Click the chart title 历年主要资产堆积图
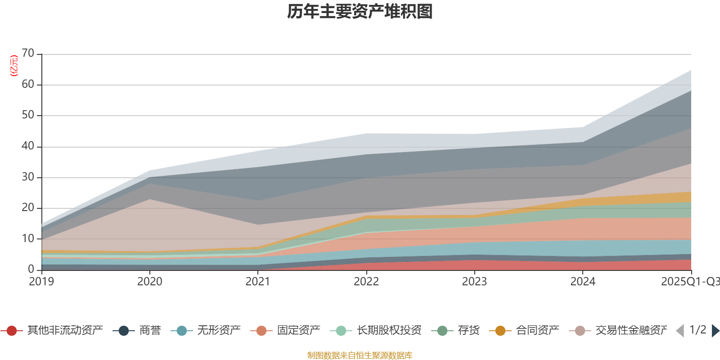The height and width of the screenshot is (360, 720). click(x=360, y=12)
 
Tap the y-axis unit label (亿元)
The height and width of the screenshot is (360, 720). click(x=14, y=66)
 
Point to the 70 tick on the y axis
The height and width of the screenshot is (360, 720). click(x=28, y=54)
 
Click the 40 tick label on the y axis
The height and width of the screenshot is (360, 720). click(x=28, y=146)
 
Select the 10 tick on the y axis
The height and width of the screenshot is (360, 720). click(x=28, y=239)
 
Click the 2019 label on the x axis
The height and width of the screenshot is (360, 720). click(x=41, y=282)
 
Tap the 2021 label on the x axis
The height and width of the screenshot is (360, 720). click(x=258, y=282)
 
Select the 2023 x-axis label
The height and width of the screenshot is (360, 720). click(x=474, y=282)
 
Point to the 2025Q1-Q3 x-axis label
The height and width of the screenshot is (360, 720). click(x=690, y=282)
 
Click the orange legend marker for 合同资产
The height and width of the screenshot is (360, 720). click(x=500, y=331)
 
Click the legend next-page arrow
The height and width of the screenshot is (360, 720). click(x=715, y=331)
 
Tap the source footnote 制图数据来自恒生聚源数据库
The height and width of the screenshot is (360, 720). click(x=360, y=355)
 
